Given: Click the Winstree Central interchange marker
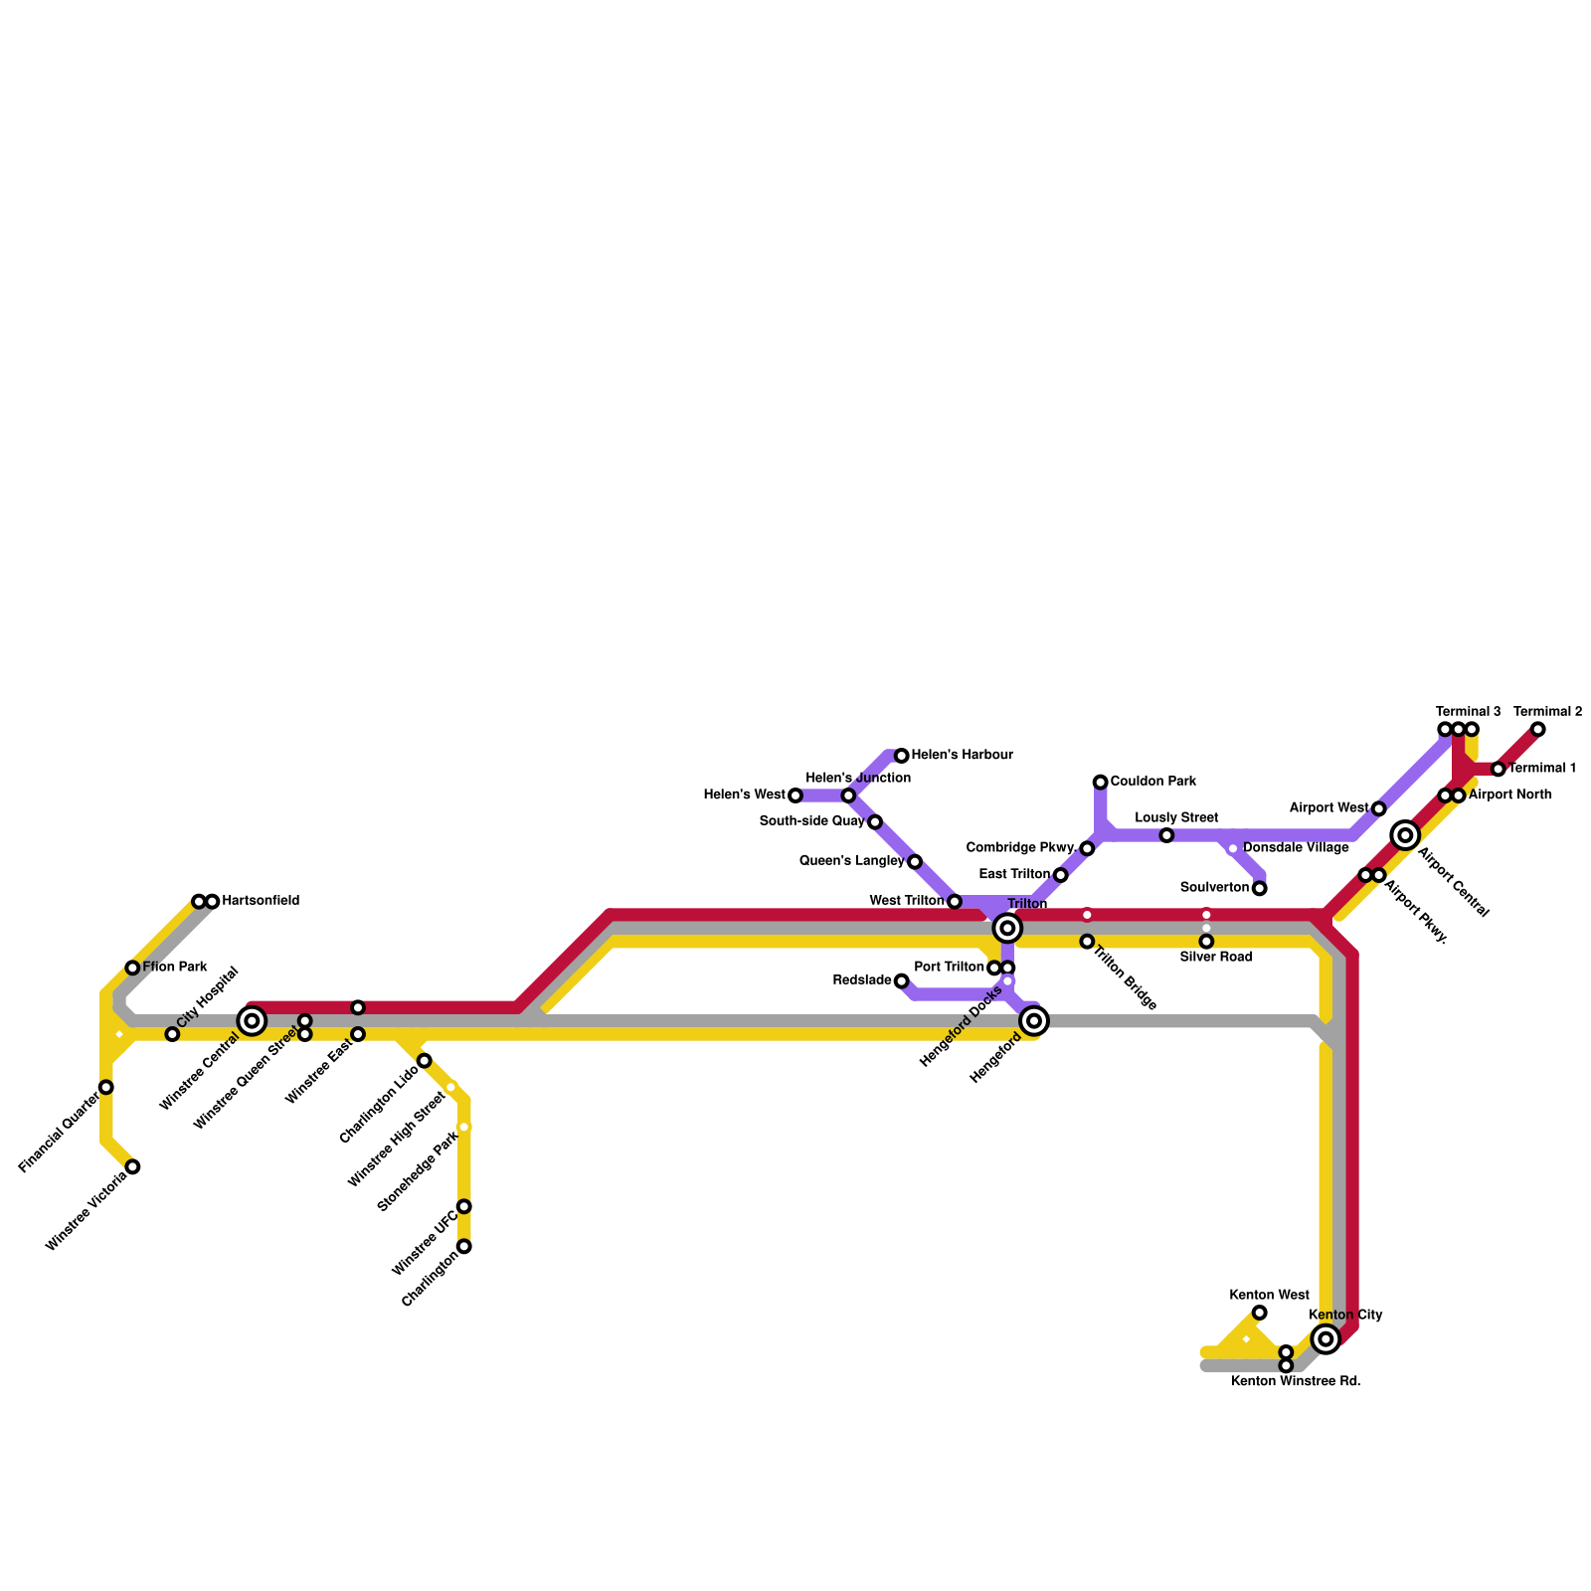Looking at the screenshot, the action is click(252, 1020).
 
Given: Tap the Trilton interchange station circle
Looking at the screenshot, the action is click(1007, 928).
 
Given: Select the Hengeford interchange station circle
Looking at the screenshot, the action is click(1034, 1020).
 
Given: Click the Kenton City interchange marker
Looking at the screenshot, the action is click(1326, 1338).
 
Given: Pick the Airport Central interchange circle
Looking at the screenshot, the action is click(1405, 835).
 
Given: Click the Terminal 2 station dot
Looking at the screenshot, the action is click(1538, 730).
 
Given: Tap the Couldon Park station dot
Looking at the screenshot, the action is click(1100, 782).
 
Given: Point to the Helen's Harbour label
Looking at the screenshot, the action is click(962, 755).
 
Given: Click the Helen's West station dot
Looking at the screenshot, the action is click(795, 795).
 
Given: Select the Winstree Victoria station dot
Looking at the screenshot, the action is click(132, 1166).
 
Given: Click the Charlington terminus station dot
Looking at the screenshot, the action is click(463, 1246).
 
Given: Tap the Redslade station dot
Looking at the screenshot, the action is click(902, 981).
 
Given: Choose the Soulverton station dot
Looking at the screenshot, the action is click(1259, 888).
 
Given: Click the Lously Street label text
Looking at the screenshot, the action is click(1176, 817).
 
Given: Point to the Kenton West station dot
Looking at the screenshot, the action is click(1259, 1313).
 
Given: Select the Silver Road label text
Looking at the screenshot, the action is click(1215, 957).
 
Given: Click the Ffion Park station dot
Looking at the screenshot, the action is click(132, 968).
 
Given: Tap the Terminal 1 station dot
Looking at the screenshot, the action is click(1498, 769).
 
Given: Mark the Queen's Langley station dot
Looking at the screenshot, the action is click(915, 861).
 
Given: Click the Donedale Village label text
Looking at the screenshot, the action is click(1296, 847).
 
